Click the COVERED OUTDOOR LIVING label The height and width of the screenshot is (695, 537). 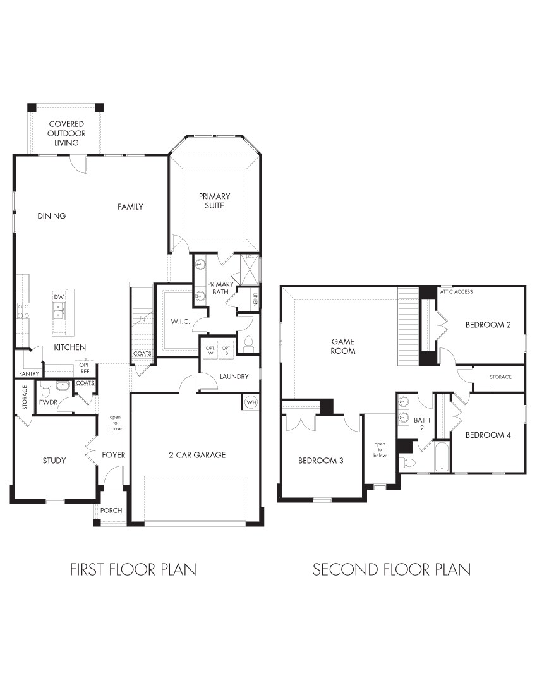tap(66, 133)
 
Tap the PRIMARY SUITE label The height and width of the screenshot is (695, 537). tap(214, 201)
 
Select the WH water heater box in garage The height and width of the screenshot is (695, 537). tap(251, 402)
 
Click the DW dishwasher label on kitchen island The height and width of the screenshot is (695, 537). tap(59, 296)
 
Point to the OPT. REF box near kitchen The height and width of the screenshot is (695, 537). tap(83, 368)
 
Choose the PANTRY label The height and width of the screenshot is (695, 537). tap(28, 373)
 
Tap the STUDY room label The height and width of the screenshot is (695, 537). tap(54, 461)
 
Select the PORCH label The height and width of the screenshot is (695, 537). tap(111, 511)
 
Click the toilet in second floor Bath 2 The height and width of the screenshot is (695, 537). tap(409, 463)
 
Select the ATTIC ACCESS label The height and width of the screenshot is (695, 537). tap(456, 292)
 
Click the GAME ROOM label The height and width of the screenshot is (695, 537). tap(343, 346)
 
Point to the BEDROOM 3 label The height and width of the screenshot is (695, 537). tap(320, 461)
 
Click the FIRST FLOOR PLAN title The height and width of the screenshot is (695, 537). tap(133, 569)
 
